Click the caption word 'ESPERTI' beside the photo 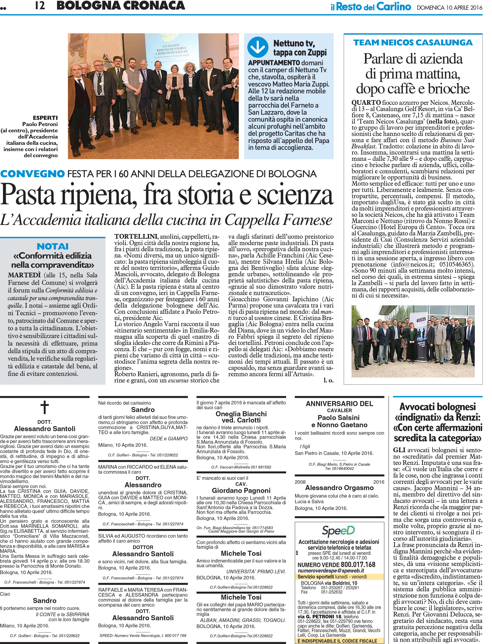[x=45, y=118]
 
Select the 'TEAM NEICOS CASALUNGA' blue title [x=413, y=43]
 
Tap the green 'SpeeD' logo [x=338, y=530]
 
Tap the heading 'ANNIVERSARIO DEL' [x=339, y=404]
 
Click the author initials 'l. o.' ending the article [x=329, y=380]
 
